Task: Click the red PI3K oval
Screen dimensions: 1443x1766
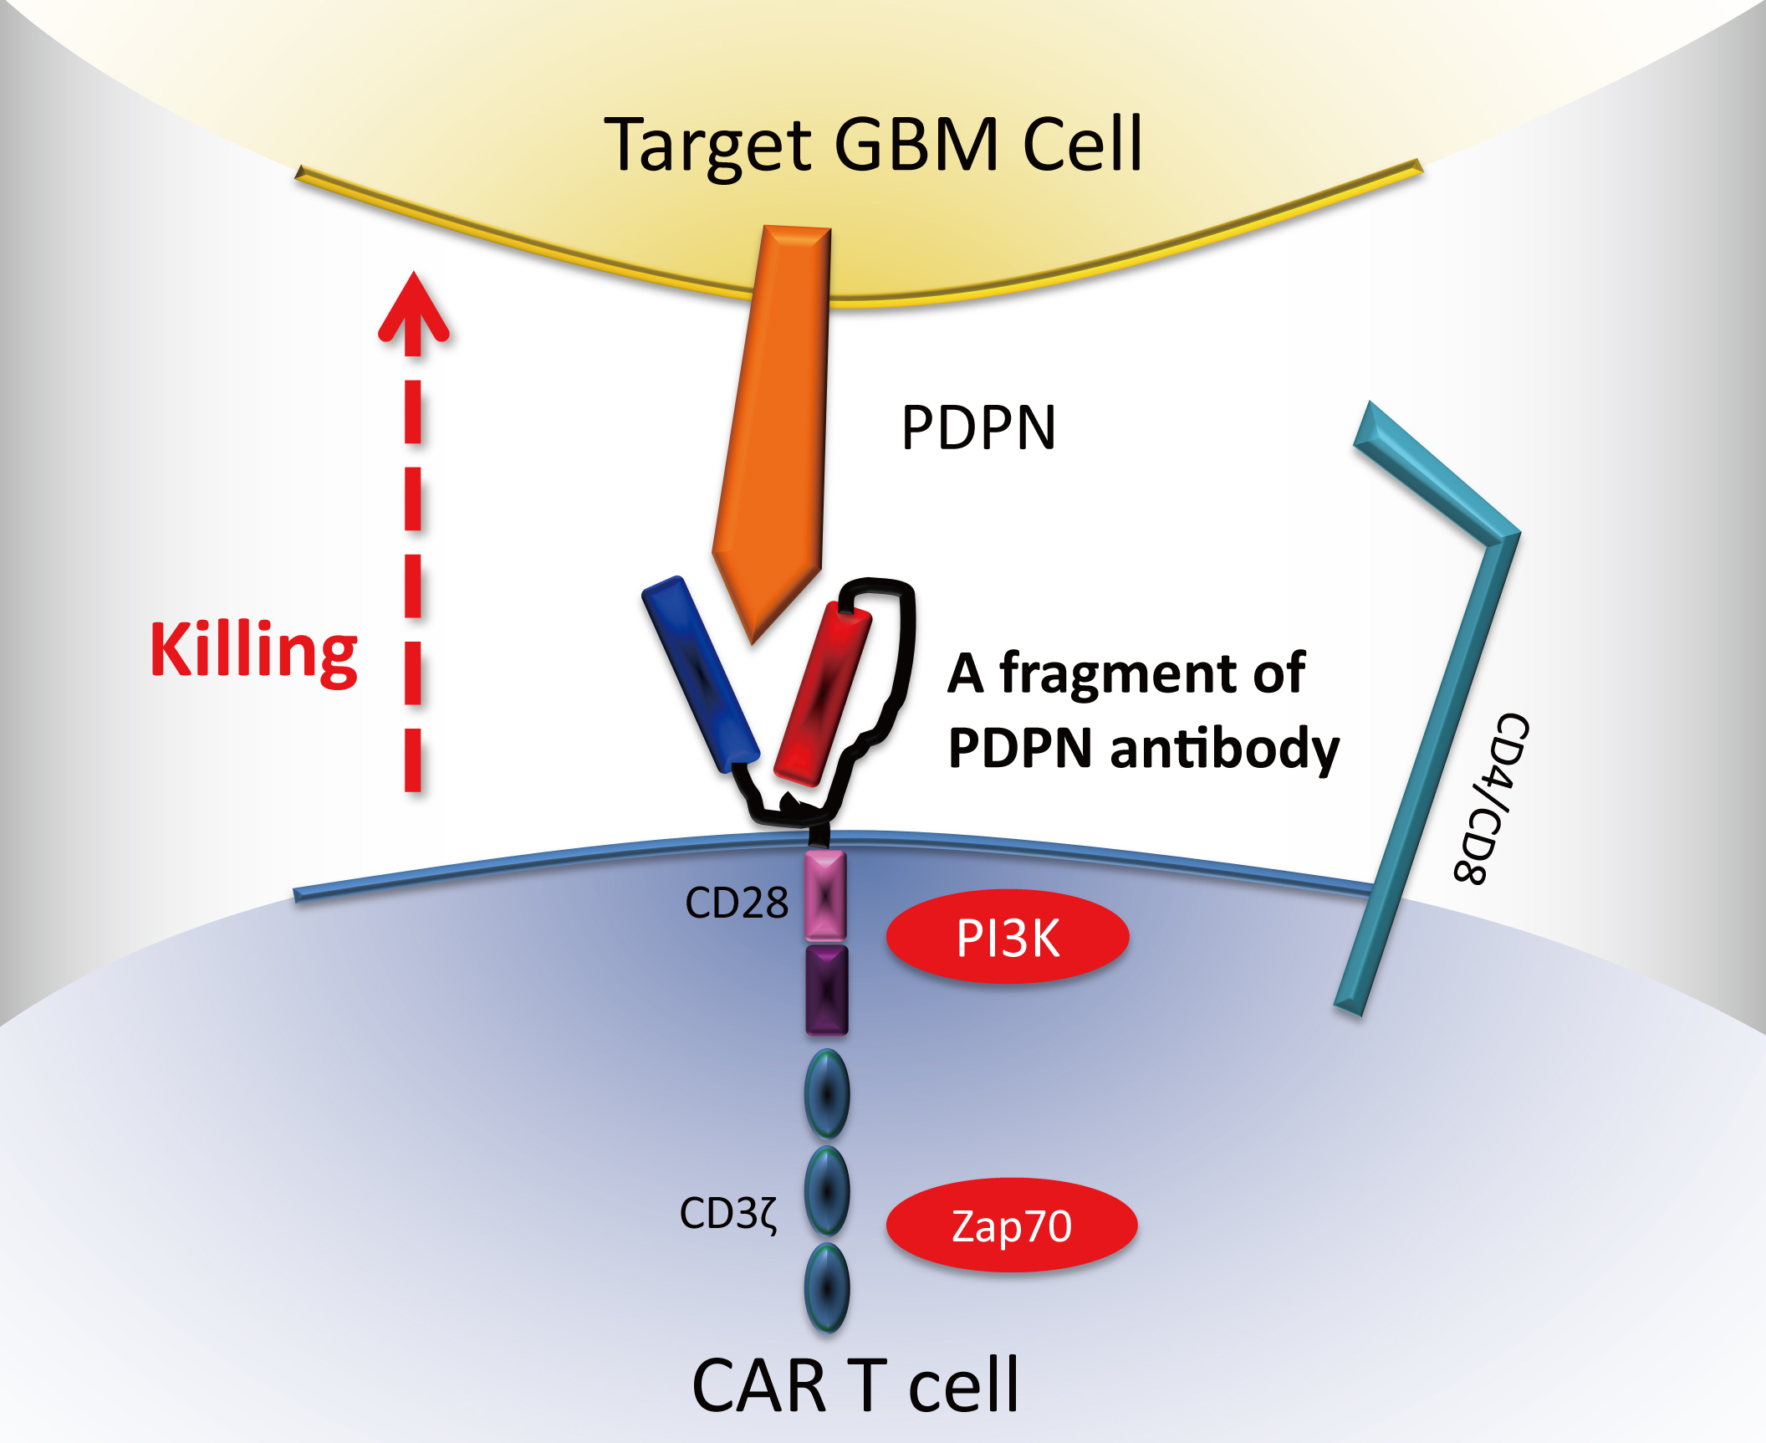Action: [1008, 937]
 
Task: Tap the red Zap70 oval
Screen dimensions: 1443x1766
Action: [1012, 1226]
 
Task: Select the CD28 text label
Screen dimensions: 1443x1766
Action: [736, 903]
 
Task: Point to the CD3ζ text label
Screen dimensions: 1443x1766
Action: [728, 1213]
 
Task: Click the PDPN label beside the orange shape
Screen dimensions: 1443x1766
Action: [978, 427]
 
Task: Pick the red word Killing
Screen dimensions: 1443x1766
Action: [253, 650]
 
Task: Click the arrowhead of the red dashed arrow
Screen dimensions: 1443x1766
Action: [413, 310]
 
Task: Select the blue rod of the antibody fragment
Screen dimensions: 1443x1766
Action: [700, 673]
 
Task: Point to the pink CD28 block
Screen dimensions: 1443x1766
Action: [825, 895]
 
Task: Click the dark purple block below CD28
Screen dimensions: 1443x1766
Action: [826, 990]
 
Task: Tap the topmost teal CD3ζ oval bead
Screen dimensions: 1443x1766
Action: [827, 1093]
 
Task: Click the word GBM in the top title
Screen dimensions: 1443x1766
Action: [916, 144]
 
